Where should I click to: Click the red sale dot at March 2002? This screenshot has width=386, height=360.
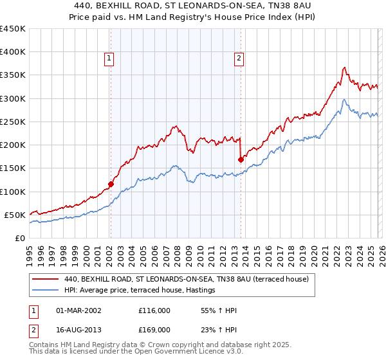tap(110, 184)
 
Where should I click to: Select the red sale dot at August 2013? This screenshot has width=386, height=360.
tap(240, 159)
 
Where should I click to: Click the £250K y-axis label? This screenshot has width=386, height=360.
tap(13, 122)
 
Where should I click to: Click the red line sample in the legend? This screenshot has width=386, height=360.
tap(46, 280)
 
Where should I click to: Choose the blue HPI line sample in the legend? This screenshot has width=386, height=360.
tap(46, 291)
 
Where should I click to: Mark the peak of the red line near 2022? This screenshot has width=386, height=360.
tap(345, 67)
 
